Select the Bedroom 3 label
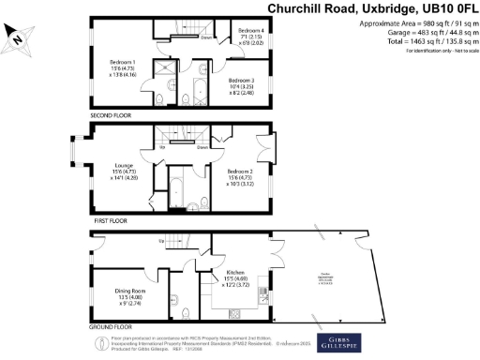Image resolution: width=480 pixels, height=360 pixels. click(246, 86)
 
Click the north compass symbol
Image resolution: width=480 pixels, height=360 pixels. click(19, 37)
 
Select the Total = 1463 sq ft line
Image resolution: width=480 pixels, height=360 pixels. click(423, 42)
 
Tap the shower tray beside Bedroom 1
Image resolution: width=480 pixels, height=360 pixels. click(166, 72)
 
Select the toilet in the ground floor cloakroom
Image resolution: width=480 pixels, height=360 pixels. click(187, 312)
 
